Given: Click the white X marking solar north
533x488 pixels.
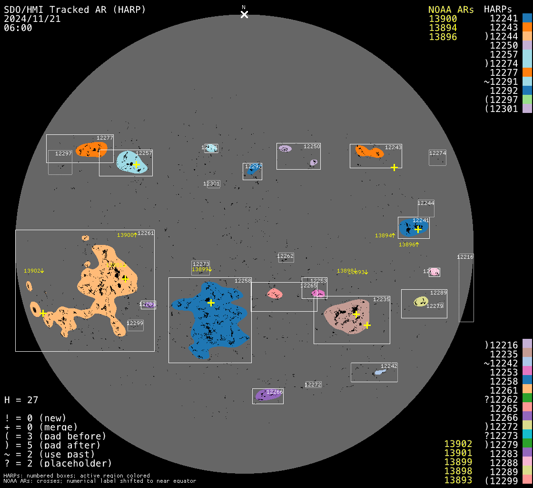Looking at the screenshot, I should point(244,14).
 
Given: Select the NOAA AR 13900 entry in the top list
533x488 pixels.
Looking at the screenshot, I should point(443,19).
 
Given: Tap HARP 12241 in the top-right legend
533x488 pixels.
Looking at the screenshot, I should point(503,18).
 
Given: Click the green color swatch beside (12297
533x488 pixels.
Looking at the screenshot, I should point(527,100).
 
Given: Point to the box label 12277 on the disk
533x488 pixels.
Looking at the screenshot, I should point(105,138).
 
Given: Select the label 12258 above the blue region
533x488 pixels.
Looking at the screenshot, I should point(243,281).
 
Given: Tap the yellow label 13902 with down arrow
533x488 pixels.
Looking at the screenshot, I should point(33,271).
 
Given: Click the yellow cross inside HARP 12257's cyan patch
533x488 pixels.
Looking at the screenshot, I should point(136,164).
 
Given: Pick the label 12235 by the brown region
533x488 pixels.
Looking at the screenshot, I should point(381,299).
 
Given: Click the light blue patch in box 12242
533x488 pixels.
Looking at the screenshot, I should point(379,372).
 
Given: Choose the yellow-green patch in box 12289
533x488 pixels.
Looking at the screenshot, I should point(421,301).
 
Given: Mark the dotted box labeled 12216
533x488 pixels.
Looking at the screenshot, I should point(466,288).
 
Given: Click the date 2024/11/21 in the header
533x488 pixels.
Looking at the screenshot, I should point(32,19).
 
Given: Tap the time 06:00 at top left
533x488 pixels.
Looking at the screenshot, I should point(18,28).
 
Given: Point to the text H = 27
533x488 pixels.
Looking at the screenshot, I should point(21,400).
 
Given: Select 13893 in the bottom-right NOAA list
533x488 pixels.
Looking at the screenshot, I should point(458,480).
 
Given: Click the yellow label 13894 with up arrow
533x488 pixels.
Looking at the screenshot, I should point(385,235).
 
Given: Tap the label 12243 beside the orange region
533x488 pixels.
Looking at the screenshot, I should point(393,148).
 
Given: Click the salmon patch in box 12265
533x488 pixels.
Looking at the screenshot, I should point(275,294).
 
